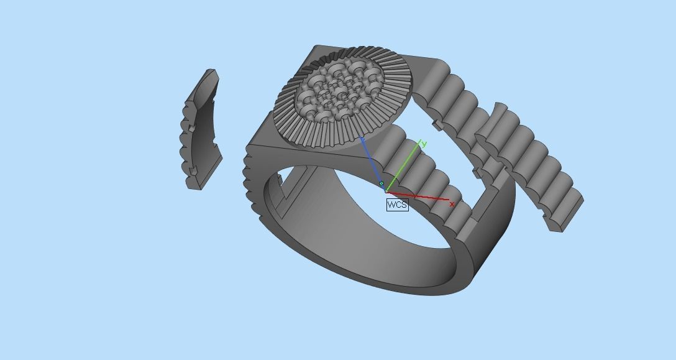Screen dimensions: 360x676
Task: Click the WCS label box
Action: [x=397, y=205]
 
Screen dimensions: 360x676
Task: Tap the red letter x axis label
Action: [x=452, y=204]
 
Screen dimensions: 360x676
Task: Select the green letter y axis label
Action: [x=424, y=144]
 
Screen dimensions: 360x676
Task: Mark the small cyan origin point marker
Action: [x=381, y=184]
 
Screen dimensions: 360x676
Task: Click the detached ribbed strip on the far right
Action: [x=534, y=162]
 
